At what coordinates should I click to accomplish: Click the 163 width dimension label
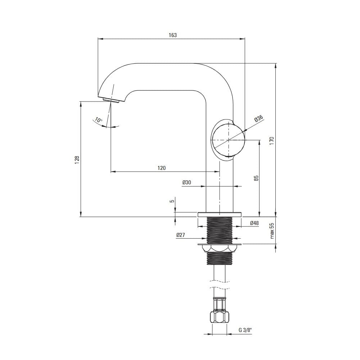click(173, 35)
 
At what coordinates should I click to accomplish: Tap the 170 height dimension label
click(272, 140)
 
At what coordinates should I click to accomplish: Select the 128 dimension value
click(77, 160)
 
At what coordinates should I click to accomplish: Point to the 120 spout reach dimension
click(161, 168)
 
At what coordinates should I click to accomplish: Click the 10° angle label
click(99, 120)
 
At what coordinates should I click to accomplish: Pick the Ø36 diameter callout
click(258, 119)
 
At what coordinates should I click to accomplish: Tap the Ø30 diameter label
click(186, 182)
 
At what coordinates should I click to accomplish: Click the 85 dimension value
click(256, 178)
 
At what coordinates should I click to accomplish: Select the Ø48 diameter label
click(255, 223)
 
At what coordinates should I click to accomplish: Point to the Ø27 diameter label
click(180, 235)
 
